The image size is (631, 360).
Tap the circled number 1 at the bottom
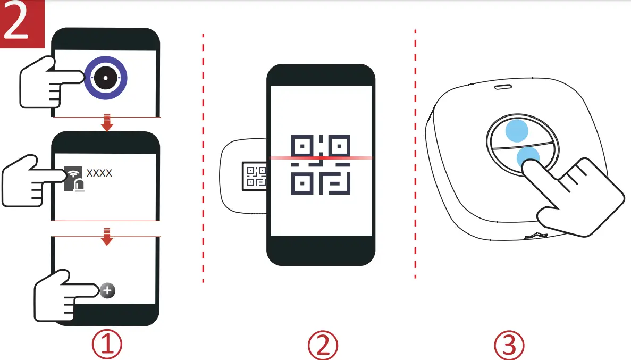coord(107,345)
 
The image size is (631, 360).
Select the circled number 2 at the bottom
coord(323,345)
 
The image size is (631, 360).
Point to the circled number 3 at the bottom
coord(509,345)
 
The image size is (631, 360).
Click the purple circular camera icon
coord(106,78)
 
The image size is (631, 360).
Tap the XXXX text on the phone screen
coord(99,173)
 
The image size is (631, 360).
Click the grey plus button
coord(107,290)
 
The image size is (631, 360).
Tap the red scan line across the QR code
coord(321,158)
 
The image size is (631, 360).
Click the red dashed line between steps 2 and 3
coord(415,154)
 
